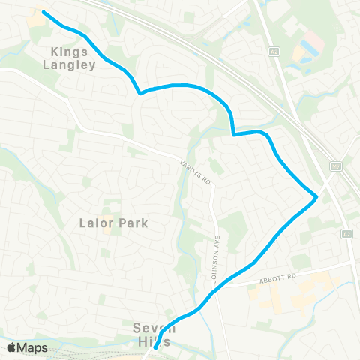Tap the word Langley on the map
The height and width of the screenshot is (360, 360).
pos(74,64)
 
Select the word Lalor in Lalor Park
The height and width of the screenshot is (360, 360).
pos(95,223)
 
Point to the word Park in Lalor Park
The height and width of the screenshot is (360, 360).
pos(132,223)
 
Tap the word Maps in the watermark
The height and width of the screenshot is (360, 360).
pos(33,347)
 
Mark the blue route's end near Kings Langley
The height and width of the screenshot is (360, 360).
pos(43,12)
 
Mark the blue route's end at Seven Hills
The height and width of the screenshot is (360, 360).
pos(155,347)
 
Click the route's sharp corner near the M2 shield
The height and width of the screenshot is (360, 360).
pos(317,197)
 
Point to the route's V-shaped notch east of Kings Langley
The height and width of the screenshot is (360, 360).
pos(139,94)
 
